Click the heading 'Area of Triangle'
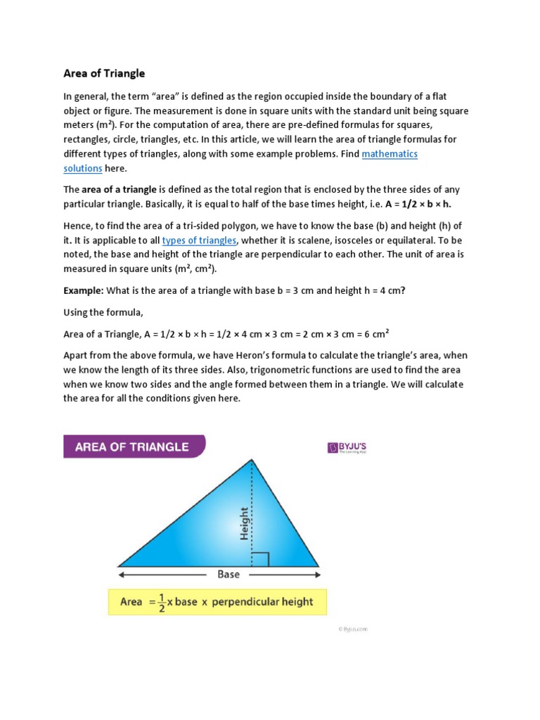click(x=104, y=73)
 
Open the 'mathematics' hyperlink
click(x=390, y=154)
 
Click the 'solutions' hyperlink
click(x=83, y=169)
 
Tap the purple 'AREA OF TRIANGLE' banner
click(x=134, y=446)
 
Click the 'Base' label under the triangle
click(x=229, y=574)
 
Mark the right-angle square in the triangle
click(x=259, y=559)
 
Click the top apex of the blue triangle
click(x=252, y=460)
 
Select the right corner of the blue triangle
click(x=318, y=565)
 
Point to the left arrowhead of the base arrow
click(x=120, y=574)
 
